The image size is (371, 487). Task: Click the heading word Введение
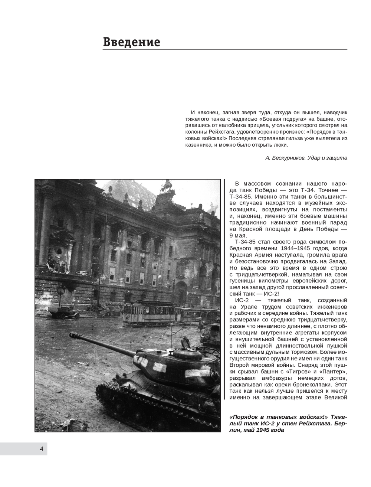131,42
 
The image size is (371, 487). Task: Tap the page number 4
42,449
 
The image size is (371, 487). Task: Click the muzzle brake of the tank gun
74,336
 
